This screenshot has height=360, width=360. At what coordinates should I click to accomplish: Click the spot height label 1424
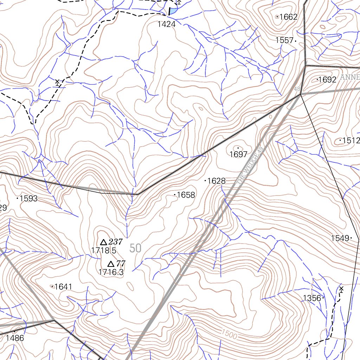pyautogui.click(x=166, y=24)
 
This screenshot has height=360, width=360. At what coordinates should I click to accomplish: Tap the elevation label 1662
pyautogui.click(x=288, y=17)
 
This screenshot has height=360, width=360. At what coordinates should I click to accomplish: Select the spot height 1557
pyautogui.click(x=284, y=40)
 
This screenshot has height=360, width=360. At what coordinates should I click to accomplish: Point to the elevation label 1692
pyautogui.click(x=327, y=80)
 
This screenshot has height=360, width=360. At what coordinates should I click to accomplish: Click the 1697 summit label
pyautogui.click(x=238, y=154)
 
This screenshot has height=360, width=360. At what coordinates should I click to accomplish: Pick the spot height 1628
pyautogui.click(x=216, y=181)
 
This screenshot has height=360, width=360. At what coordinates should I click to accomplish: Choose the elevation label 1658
pyautogui.click(x=186, y=195)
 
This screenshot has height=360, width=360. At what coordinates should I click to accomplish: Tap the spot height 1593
pyautogui.click(x=28, y=199)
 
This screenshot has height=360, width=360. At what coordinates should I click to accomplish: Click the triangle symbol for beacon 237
pyautogui.click(x=103, y=242)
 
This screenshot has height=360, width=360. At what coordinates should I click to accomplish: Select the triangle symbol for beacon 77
pyautogui.click(x=110, y=264)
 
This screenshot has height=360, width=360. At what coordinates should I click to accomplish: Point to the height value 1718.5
pyautogui.click(x=103, y=250)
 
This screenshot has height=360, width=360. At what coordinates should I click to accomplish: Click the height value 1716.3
pyautogui.click(x=111, y=272)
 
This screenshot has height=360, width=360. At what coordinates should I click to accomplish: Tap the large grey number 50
pyautogui.click(x=135, y=248)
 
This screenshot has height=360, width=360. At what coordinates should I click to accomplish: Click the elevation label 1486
pyautogui.click(x=15, y=338)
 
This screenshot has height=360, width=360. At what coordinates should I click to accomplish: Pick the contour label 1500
pyautogui.click(x=229, y=335)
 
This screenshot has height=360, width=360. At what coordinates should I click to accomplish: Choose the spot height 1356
pyautogui.click(x=312, y=298)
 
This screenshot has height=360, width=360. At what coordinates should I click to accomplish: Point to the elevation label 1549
pyautogui.click(x=340, y=238)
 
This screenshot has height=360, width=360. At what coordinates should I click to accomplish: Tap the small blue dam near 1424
pyautogui.click(x=173, y=11)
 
